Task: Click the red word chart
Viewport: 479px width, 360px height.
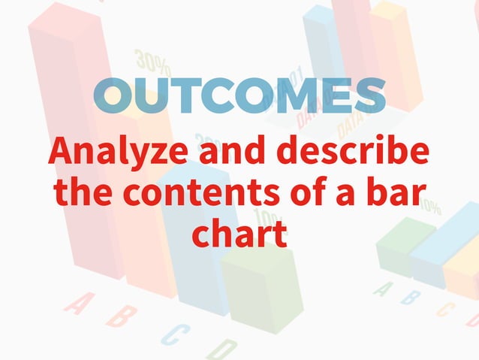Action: pyautogui.click(x=239, y=232)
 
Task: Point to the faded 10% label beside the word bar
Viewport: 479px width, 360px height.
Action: pyautogui.click(x=430, y=204)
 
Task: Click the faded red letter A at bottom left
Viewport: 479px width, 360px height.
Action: pyautogui.click(x=77, y=303)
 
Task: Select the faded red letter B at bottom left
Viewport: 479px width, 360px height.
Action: pyautogui.click(x=120, y=316)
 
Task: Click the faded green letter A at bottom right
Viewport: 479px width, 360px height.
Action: pyautogui.click(x=384, y=288)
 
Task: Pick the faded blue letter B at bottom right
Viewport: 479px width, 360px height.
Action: pyautogui.click(x=411, y=298)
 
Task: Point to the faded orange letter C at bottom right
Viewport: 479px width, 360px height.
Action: pyautogui.click(x=445, y=307)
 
